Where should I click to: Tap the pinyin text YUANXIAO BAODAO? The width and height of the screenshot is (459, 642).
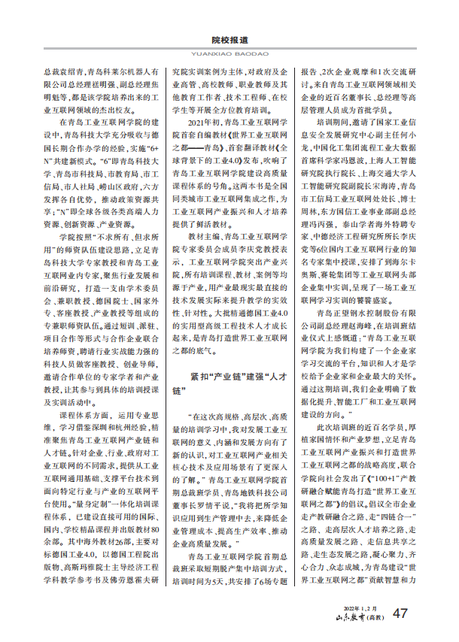coord(229,53)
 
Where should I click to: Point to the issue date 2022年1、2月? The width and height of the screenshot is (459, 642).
coord(360,607)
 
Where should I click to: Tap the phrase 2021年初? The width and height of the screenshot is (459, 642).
coord(205,121)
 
